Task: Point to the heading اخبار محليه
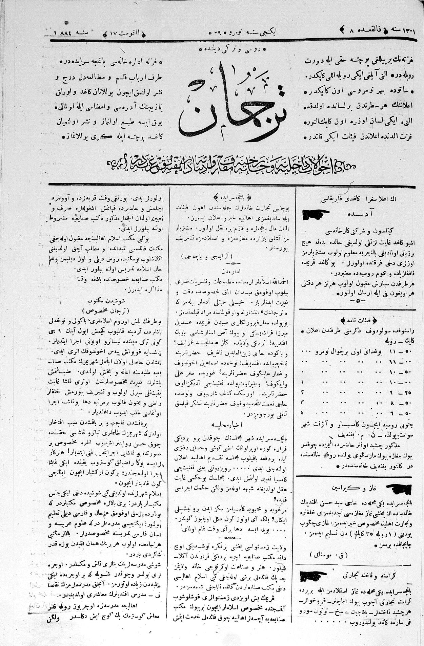234,424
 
